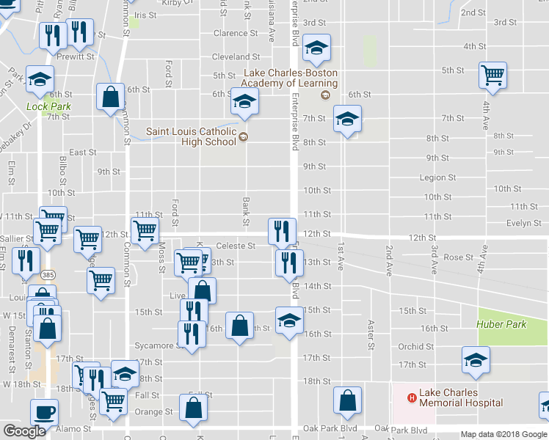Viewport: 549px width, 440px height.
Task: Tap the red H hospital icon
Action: [412, 397]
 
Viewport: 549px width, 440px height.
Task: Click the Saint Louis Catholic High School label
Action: [191, 136]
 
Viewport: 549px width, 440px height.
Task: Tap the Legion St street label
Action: [437, 177]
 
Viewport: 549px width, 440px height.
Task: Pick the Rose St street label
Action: [459, 257]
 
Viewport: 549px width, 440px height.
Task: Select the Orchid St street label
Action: [416, 347]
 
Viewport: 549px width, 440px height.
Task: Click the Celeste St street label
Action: [236, 246]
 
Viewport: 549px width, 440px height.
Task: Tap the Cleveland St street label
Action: [236, 56]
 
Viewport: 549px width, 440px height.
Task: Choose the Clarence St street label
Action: [236, 33]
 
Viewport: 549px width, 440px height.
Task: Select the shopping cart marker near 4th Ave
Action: [492, 74]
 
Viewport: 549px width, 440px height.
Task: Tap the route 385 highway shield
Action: [48, 274]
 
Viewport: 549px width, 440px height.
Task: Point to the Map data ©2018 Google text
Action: [504, 434]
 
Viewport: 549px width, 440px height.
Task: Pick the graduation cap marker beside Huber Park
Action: [476, 359]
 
